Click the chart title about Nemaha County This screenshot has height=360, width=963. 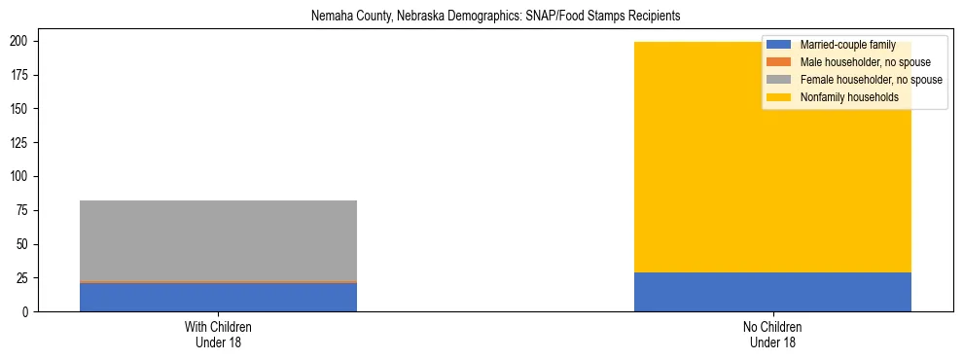[x=481, y=17]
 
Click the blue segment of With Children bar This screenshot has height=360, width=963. [x=218, y=297]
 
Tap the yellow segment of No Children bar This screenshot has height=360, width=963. [x=772, y=175]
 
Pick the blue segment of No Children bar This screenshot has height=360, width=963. [x=772, y=292]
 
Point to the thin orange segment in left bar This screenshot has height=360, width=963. [x=218, y=282]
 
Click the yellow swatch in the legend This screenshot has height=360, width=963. [x=780, y=97]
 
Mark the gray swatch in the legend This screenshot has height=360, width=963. [x=780, y=80]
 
